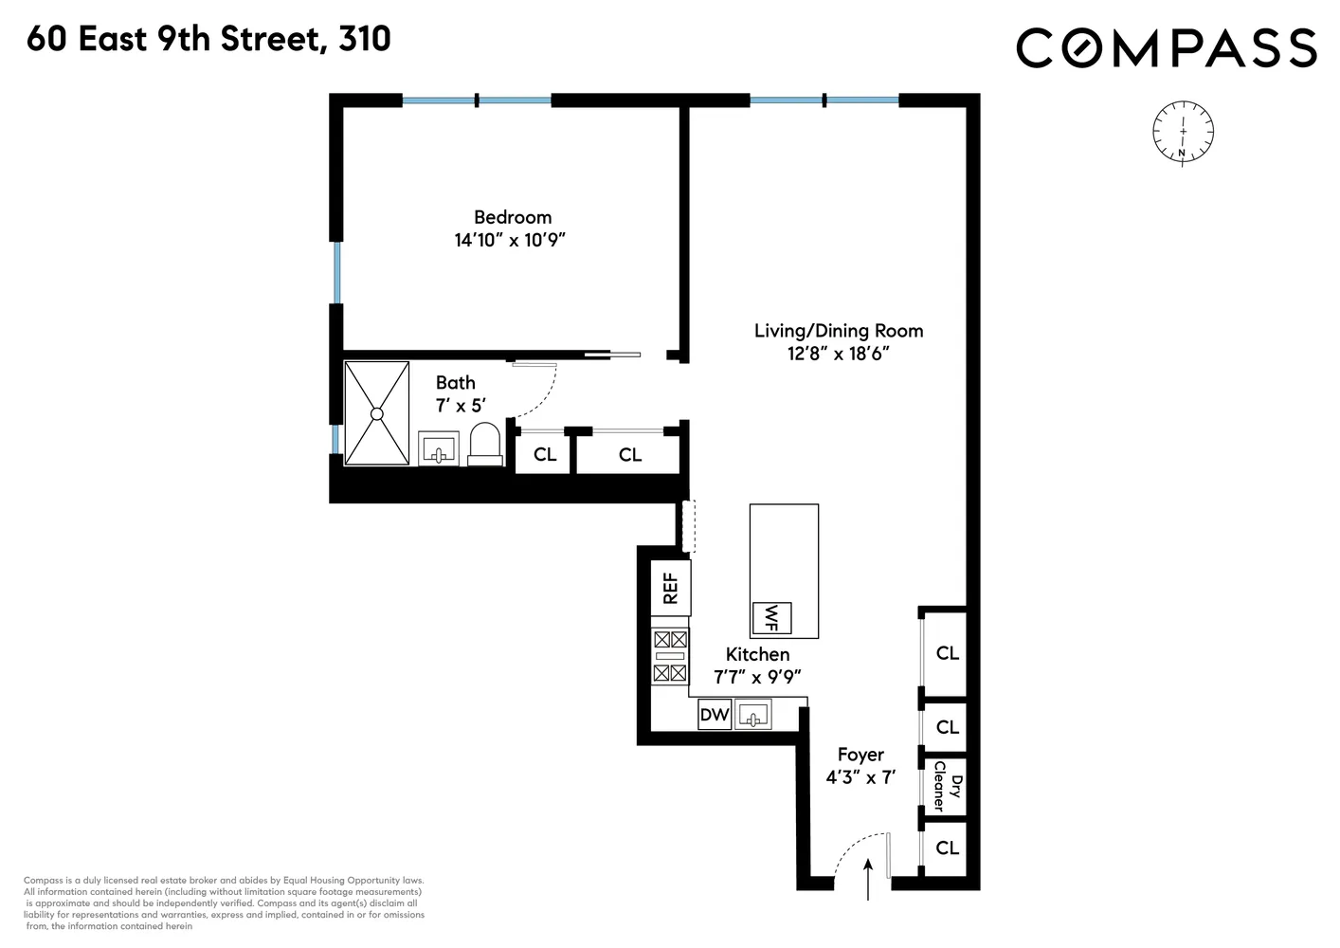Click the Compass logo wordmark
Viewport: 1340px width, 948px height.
point(1166,47)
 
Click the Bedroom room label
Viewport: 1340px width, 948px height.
point(512,217)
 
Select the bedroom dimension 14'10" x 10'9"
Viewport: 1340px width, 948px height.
point(510,240)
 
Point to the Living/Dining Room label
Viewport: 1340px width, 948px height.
point(838,331)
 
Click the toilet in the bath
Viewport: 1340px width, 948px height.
point(484,444)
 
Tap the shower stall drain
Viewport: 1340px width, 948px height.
point(376,413)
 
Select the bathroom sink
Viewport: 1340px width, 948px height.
point(438,448)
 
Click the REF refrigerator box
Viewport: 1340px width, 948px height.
point(670,588)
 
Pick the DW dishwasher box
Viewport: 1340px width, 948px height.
point(715,715)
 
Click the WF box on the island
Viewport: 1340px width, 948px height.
point(770,618)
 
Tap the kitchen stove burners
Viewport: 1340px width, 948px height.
point(670,656)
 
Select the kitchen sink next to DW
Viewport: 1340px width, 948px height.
point(754,714)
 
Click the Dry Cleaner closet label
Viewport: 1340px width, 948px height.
point(947,786)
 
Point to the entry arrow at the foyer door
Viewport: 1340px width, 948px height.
point(869,880)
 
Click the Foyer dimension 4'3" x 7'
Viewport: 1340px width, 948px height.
point(860,777)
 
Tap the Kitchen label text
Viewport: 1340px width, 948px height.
point(757,654)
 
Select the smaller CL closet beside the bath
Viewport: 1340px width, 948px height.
point(544,455)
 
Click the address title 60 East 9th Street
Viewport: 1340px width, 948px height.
point(208,39)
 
